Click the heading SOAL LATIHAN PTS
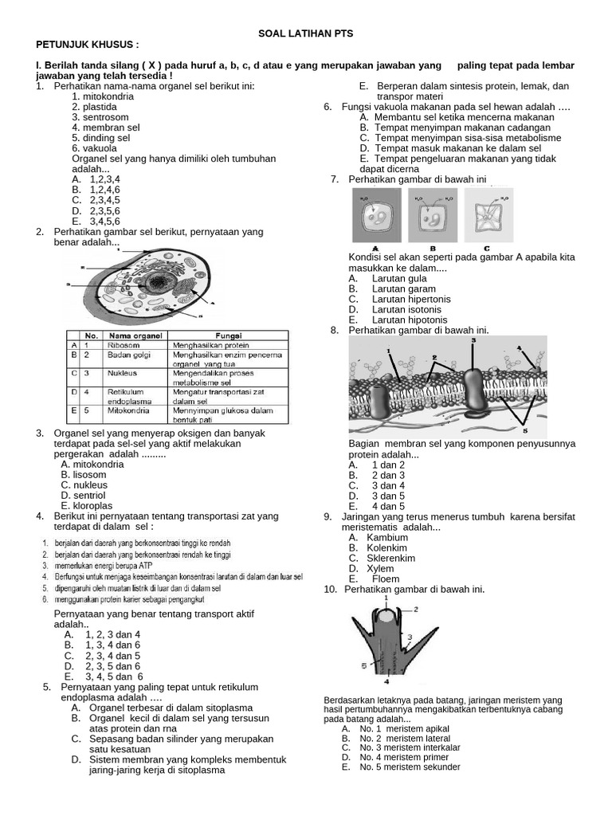(305, 33)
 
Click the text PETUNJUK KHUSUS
(88, 45)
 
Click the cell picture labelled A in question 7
(375, 219)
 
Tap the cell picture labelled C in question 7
(487, 219)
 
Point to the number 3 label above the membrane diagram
(473, 340)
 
